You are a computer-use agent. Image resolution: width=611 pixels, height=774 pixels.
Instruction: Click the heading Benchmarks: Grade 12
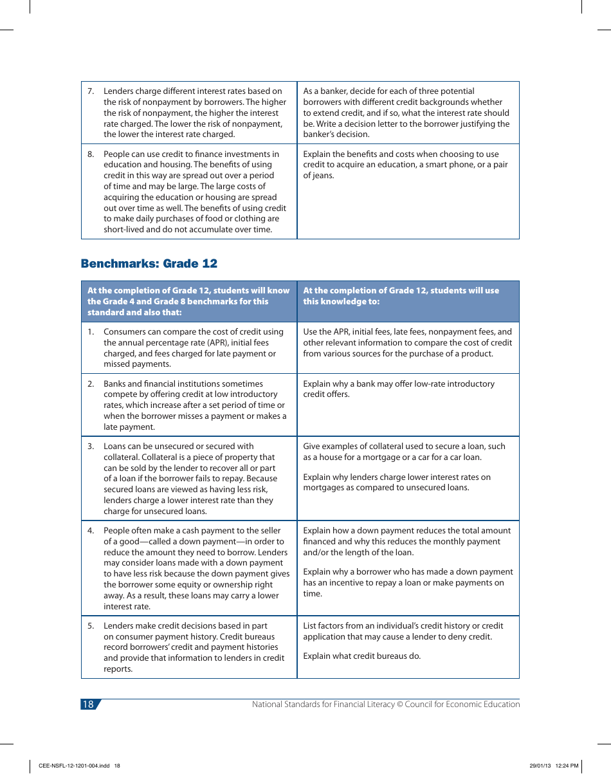(x=149, y=264)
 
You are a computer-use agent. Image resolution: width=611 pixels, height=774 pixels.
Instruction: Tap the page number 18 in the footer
(x=88, y=705)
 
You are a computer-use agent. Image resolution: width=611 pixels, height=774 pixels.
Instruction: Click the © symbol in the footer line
(x=399, y=705)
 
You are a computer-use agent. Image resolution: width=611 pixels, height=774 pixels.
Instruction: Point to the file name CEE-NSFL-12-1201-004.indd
(x=75, y=766)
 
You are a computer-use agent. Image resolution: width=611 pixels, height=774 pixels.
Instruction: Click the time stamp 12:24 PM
(x=567, y=766)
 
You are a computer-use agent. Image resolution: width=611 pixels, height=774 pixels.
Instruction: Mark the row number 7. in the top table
(x=91, y=91)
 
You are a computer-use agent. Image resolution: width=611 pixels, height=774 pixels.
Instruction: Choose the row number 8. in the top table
(x=91, y=154)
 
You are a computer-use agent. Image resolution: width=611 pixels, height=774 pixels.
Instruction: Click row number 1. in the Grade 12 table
(x=91, y=332)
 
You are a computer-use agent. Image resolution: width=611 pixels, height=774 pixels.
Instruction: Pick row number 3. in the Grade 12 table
(x=91, y=447)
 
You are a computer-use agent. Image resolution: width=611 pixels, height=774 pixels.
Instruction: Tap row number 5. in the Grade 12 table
(x=91, y=626)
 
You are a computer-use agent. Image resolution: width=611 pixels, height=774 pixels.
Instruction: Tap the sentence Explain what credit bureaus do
(x=361, y=656)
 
